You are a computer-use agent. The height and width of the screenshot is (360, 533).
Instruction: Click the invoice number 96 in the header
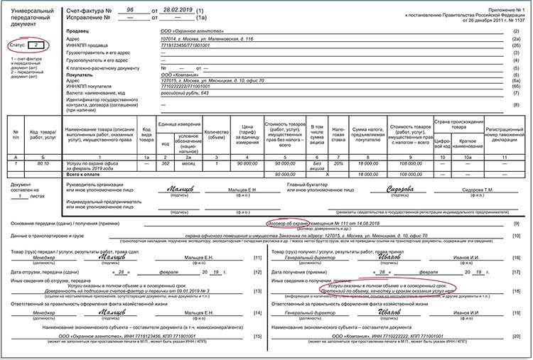(130, 9)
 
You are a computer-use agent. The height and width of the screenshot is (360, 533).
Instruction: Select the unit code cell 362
(165, 163)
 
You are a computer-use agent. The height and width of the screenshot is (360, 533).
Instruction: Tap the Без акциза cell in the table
(319, 165)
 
